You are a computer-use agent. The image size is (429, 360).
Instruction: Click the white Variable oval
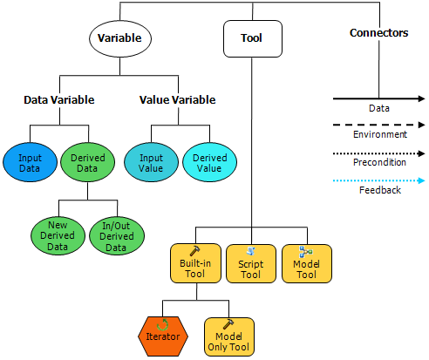120,38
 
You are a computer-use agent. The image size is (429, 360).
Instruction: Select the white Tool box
253,38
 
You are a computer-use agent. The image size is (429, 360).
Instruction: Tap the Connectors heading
378,33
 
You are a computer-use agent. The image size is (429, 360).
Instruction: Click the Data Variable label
59,100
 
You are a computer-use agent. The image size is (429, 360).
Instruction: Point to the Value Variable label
178,100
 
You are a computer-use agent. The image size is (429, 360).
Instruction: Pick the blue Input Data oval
30,162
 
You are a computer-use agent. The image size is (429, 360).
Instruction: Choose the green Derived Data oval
87,162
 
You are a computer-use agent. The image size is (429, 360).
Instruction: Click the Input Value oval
151,162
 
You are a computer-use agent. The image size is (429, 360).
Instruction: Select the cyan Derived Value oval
209,162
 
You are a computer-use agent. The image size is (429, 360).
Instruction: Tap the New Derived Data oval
58,236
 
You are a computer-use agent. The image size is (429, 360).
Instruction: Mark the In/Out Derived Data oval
117,236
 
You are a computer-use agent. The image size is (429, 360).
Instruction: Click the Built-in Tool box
195,263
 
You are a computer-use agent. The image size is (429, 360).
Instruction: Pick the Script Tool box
251,263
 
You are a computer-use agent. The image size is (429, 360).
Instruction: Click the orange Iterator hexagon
163,336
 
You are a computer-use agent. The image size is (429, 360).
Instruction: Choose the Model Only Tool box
229,336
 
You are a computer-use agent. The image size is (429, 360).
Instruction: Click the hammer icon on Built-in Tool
194,251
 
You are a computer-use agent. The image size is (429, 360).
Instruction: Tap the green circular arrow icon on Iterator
162,324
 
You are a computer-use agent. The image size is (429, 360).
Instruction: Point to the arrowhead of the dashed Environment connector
421,125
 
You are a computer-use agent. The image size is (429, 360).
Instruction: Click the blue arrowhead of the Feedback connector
421,180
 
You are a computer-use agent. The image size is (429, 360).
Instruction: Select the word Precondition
379,162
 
